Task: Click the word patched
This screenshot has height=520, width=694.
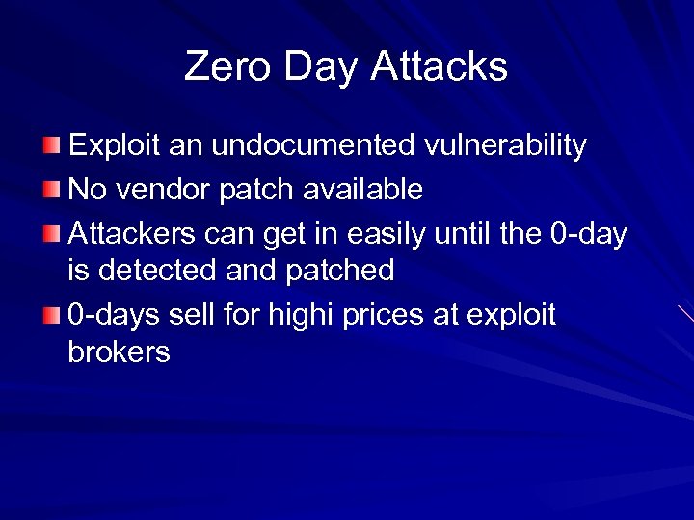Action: [342, 271]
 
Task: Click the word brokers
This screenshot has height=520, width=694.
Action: [120, 352]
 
